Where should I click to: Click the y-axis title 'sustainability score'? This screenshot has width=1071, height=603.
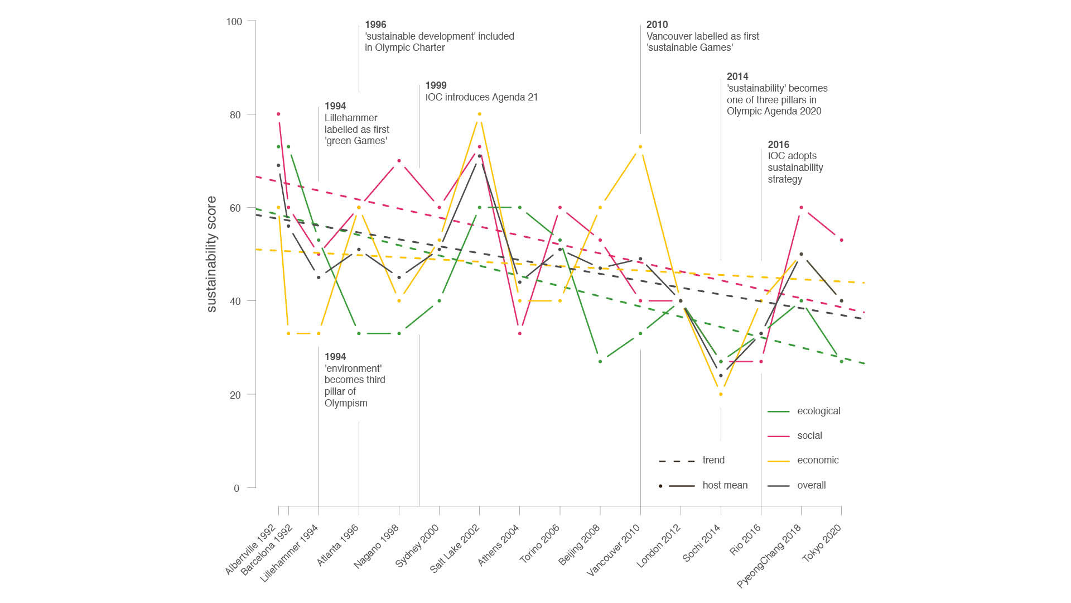[x=211, y=254]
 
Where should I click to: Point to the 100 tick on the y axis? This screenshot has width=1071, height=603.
[x=234, y=22]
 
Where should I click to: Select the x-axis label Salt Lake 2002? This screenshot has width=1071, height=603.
[x=455, y=549]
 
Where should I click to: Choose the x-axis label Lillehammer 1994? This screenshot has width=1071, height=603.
[x=289, y=553]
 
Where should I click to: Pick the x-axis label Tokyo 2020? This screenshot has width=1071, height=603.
[x=821, y=543]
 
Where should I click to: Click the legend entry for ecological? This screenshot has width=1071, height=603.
[x=818, y=411]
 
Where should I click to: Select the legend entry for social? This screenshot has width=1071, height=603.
[x=809, y=435]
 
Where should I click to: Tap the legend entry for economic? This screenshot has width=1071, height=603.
[x=818, y=460]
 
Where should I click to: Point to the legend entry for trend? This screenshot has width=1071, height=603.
[x=713, y=460]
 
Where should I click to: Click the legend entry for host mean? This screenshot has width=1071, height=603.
[x=725, y=485]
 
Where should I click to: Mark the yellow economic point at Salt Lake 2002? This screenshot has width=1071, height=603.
[x=479, y=114]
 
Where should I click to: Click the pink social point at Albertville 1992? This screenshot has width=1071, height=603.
[x=278, y=114]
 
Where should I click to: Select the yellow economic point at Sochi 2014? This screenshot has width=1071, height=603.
[x=721, y=394]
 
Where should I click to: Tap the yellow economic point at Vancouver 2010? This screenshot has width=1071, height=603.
[x=640, y=147]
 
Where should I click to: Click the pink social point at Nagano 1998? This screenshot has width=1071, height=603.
[x=399, y=161]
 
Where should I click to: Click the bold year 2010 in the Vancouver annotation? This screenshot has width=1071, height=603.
[x=657, y=25]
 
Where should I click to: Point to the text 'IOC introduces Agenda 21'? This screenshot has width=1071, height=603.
[x=481, y=97]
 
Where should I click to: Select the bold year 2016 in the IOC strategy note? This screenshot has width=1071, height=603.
[x=779, y=145]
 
